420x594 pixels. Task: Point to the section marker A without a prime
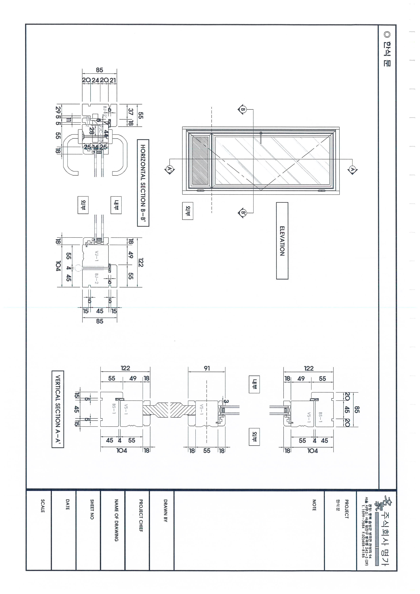352,170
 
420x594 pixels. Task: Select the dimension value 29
58,110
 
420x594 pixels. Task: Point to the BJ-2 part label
96,278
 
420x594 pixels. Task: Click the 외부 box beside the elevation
187,211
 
